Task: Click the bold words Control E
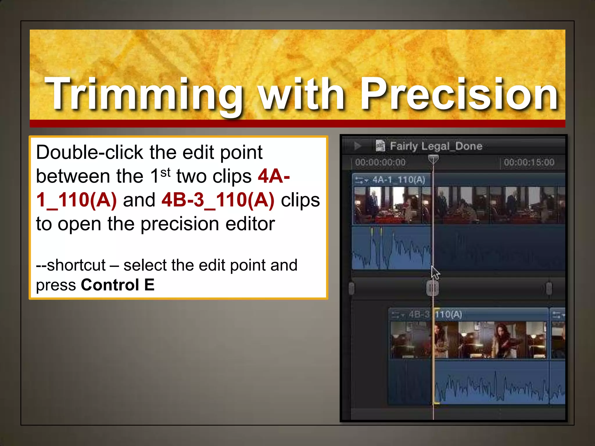(118, 285)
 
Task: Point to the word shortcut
(76, 265)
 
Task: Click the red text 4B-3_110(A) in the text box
(218, 200)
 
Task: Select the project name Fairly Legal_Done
(436, 146)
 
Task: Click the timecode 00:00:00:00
(380, 162)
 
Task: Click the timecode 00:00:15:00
(529, 162)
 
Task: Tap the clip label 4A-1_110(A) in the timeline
(399, 180)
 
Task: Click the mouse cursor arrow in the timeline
(435, 273)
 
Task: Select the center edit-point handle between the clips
(433, 288)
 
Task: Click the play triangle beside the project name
(358, 146)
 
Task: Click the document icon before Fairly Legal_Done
(380, 146)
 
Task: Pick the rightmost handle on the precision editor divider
(549, 288)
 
